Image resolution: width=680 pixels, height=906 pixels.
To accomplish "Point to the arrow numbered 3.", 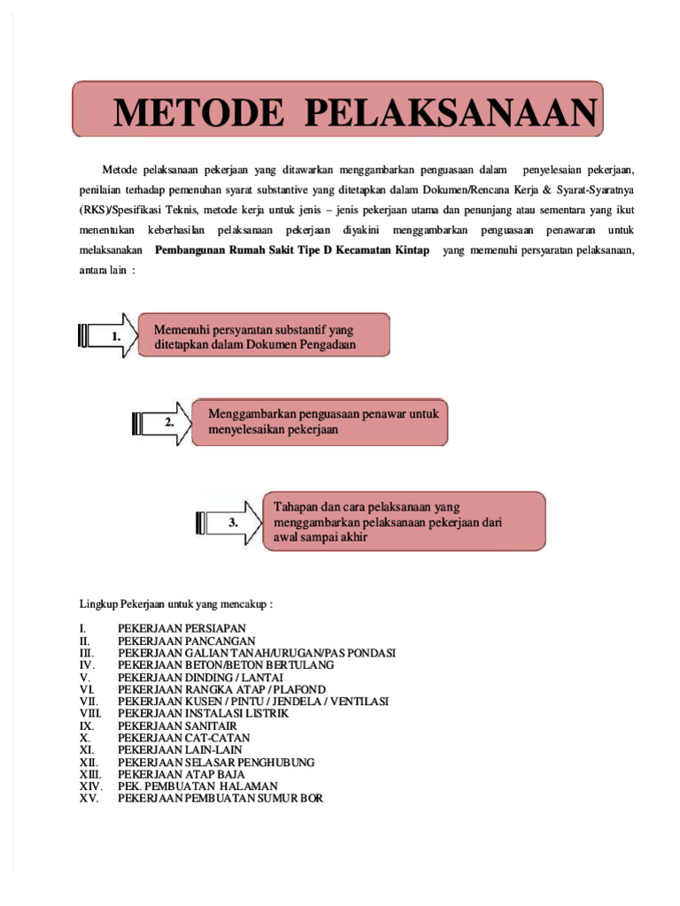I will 228,522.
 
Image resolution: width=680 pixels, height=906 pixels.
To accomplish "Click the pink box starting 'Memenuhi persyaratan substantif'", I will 263,336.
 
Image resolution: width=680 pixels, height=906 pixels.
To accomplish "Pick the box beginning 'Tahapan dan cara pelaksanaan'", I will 405,522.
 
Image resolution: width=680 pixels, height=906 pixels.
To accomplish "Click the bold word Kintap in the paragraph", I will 407,250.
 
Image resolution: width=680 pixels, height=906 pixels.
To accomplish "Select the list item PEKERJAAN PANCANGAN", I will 174,641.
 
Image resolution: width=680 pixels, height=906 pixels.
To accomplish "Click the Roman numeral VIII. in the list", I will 89,713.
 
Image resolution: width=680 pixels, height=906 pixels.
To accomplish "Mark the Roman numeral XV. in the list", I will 89,798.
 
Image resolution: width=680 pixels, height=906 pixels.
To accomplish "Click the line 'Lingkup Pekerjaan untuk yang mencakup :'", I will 176,604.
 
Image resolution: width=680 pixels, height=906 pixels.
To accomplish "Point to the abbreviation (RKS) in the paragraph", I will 94,210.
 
